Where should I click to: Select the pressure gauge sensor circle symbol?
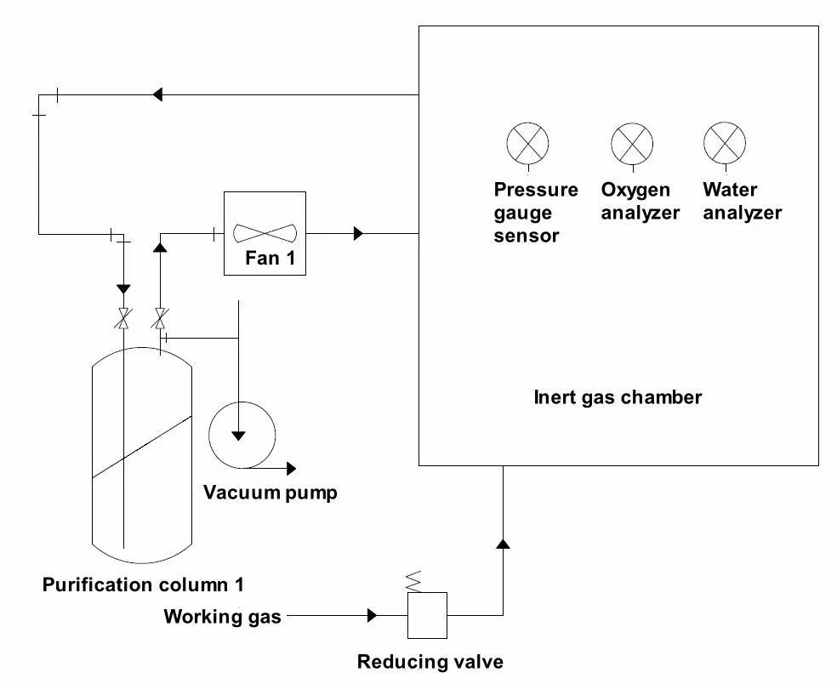pos(528,142)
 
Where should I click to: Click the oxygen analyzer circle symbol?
pos(633,142)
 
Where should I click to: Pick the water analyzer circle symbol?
pos(725,142)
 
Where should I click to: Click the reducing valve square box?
pos(427,615)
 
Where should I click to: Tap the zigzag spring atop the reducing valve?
pos(414,582)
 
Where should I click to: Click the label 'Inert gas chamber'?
pos(618,397)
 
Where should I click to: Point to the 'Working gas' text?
pos(222,617)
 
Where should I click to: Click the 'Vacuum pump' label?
pos(270,493)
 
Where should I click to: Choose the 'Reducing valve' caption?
pos(430,662)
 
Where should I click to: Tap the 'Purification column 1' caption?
pos(143,585)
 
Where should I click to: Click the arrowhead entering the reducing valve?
pos(372,614)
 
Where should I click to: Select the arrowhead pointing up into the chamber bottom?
pos(503,542)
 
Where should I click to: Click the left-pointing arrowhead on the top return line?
pos(157,94)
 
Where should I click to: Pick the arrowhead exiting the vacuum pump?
pos(292,468)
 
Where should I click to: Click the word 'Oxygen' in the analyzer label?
pos(635,190)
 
